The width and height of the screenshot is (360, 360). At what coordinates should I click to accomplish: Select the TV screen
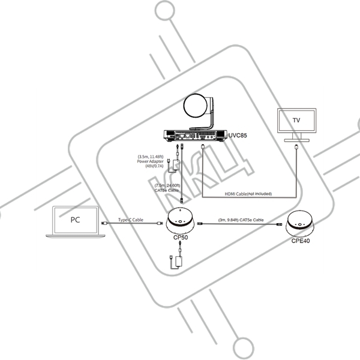(295, 121)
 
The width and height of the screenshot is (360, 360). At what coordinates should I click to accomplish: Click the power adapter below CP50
(176, 260)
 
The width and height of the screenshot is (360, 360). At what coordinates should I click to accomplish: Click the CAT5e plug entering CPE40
(278, 224)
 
